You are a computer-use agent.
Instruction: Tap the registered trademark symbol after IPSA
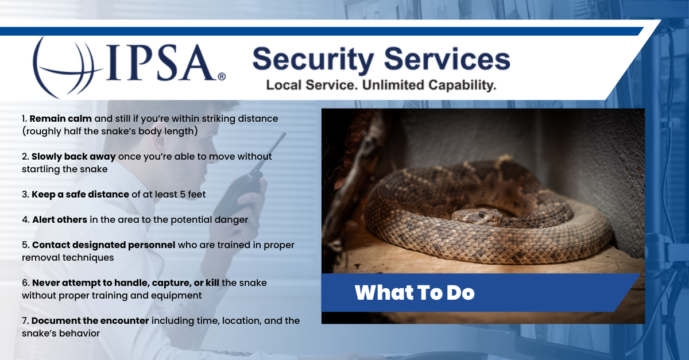(x=222, y=76)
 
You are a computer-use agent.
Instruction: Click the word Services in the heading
(x=446, y=60)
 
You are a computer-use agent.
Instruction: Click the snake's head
(x=475, y=216)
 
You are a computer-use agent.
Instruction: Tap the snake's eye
(x=481, y=214)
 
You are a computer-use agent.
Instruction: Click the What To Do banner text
(x=415, y=293)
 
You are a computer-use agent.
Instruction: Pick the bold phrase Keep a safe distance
(x=80, y=194)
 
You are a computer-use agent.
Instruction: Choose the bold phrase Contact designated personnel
(x=103, y=245)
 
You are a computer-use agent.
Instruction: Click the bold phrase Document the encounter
(x=90, y=320)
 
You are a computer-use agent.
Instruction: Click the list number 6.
(x=25, y=283)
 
